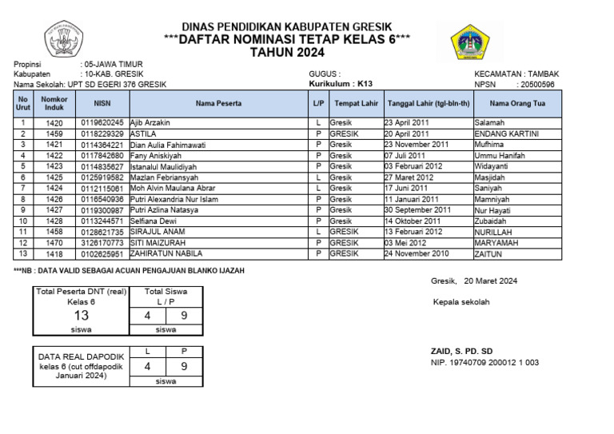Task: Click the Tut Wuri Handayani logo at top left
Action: [x=68, y=40]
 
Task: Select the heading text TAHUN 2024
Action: [x=288, y=53]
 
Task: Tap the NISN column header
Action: [x=102, y=103]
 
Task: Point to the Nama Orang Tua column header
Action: [x=516, y=103]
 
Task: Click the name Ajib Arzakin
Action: [x=150, y=123]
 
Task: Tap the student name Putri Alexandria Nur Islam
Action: [x=173, y=199]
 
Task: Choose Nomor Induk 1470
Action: [x=54, y=243]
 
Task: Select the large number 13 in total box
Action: [x=81, y=316]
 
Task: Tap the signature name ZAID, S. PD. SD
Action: [x=462, y=351]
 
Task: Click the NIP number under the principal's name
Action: [x=484, y=362]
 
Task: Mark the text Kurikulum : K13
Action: [x=341, y=84]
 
